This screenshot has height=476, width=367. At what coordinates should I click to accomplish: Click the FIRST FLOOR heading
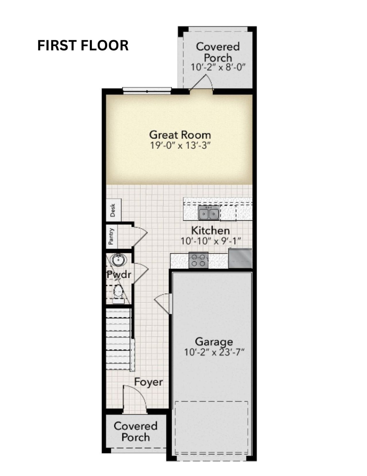83,46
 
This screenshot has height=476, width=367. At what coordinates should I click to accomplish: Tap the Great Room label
180,135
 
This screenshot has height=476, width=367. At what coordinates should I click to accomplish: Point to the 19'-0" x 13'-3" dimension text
180,146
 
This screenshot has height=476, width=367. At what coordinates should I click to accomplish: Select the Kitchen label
210,231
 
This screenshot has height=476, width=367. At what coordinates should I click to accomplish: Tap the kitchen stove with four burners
198,260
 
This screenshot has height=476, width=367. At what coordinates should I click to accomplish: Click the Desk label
113,210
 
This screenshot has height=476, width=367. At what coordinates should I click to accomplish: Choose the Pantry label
111,237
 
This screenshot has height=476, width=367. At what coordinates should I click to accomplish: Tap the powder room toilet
118,292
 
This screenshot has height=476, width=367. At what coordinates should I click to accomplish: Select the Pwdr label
119,274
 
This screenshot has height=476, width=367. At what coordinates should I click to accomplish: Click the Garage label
214,342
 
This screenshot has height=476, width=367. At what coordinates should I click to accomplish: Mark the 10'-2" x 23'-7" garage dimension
214,352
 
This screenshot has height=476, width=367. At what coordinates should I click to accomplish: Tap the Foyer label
149,382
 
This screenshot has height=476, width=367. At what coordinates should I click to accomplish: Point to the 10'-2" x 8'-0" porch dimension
218,67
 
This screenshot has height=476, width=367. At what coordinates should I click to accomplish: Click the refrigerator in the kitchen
240,258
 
